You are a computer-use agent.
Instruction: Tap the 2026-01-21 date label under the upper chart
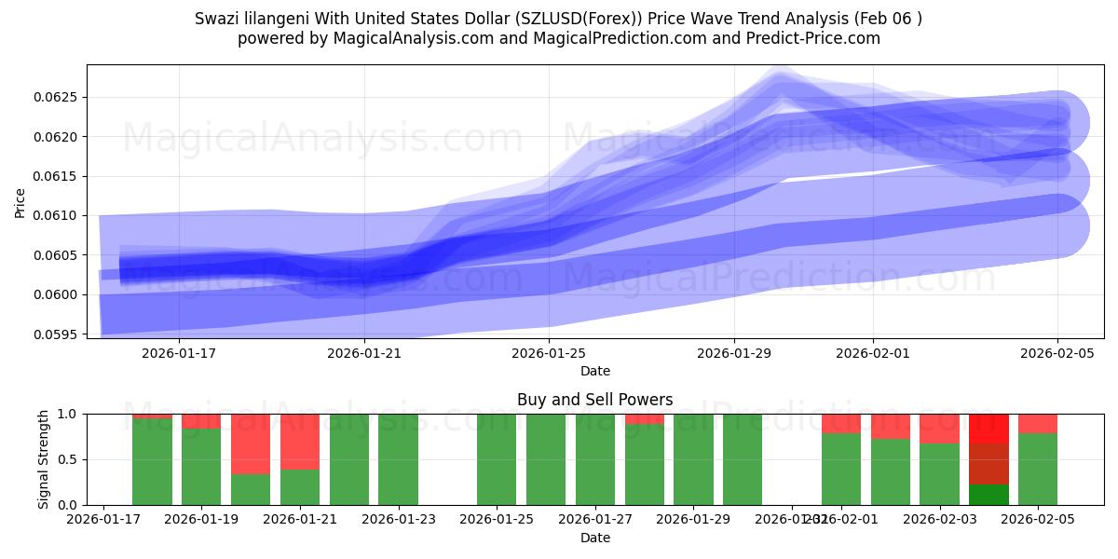(363, 353)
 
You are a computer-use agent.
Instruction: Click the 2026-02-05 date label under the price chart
(1057, 353)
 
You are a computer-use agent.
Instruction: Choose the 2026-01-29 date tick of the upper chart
(733, 353)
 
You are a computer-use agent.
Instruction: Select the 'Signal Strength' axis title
(44, 459)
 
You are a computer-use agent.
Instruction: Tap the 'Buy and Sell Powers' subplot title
(594, 400)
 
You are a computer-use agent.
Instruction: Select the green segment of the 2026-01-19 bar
(201, 466)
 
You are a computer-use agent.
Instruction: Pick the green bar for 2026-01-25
(497, 459)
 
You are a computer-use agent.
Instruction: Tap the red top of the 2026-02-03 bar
(939, 429)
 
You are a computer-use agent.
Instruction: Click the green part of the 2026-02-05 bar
(1038, 469)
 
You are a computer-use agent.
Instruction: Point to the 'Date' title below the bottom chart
(594, 538)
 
